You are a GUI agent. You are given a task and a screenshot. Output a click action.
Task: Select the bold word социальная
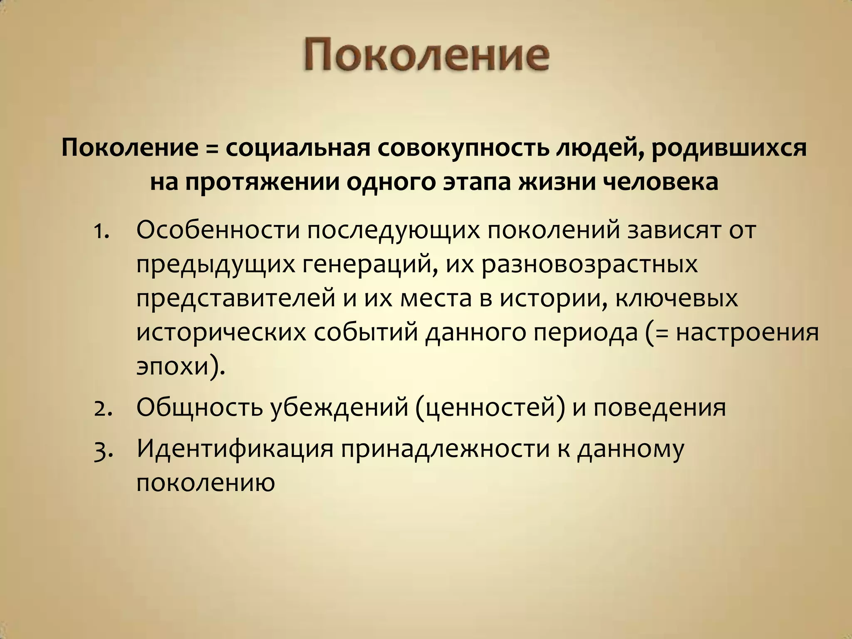[298, 149]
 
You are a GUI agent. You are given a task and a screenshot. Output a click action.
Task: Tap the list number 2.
[102, 408]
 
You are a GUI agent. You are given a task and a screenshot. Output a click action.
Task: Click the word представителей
[235, 298]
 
